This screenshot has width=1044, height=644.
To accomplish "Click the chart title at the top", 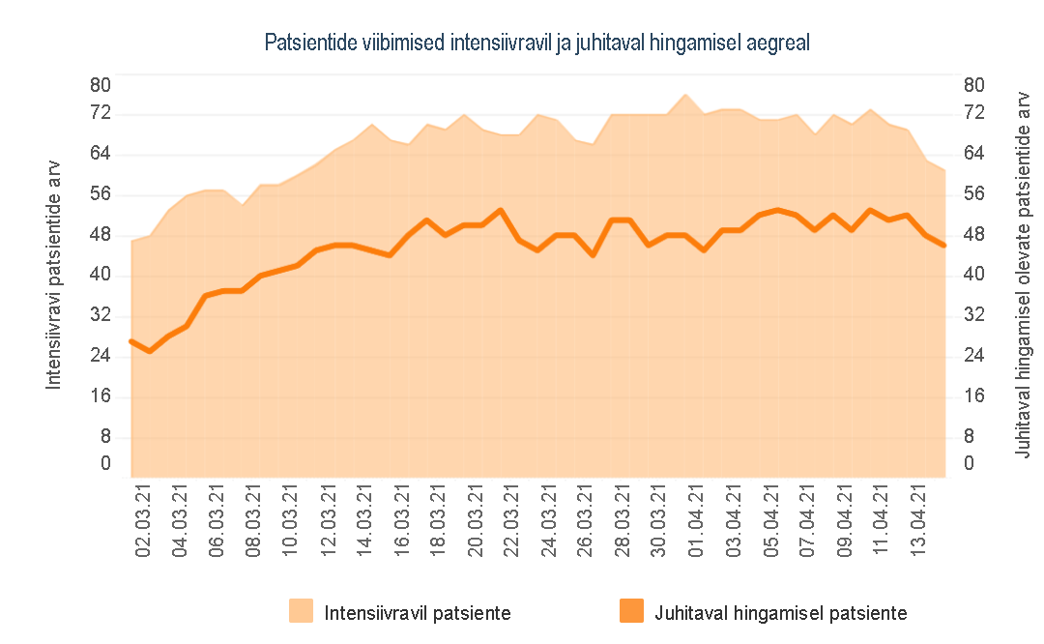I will tap(536, 44).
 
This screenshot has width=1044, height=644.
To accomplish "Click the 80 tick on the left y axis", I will tap(101, 85).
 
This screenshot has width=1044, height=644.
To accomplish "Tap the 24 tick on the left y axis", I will tap(101, 356).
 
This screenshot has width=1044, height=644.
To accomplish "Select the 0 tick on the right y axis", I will tap(968, 464).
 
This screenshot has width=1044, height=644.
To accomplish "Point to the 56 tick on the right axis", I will tap(973, 194).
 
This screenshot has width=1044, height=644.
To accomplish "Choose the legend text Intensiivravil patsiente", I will tap(418, 613).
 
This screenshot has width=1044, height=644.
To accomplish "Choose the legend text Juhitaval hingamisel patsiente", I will tap(780, 613).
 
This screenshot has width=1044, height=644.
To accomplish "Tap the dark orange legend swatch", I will tap(629, 612).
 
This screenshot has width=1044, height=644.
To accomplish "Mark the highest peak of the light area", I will tap(685, 95).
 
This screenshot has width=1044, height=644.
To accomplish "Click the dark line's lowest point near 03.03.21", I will tap(150, 350).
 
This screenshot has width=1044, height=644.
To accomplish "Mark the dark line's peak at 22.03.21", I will tap(500, 210).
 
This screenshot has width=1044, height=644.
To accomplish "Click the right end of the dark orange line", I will tap(943, 246).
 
